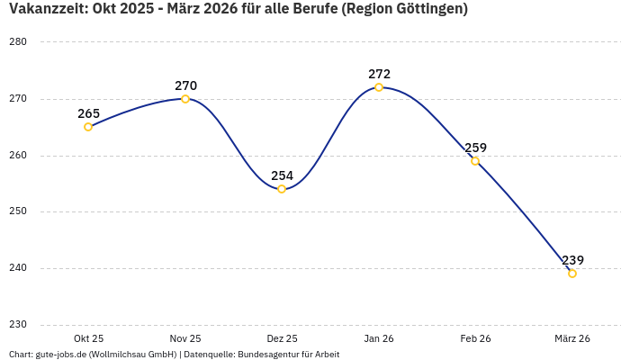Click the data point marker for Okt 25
click(88, 127)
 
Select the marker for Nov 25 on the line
click(185, 99)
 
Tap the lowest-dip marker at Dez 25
click(282, 189)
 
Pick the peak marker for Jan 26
click(379, 87)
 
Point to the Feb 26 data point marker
click(475, 161)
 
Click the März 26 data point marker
click(572, 274)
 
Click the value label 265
click(88, 113)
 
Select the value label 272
click(379, 74)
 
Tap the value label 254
click(282, 175)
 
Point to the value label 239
click(572, 260)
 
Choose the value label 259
click(475, 148)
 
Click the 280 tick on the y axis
click(18, 42)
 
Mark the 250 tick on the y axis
click(18, 211)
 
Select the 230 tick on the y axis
click(18, 325)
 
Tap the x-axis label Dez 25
click(282, 338)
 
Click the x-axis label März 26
click(572, 338)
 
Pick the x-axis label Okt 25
click(88, 338)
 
